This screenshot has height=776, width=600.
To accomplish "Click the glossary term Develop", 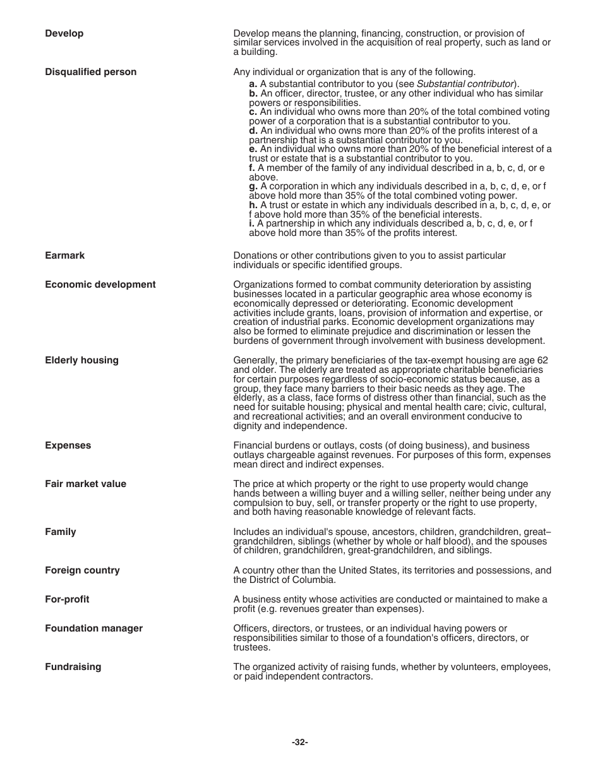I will pos(64,33).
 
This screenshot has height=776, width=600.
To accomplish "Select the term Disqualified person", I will pos(90,72).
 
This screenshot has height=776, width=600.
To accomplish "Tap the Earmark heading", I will pos(64,256).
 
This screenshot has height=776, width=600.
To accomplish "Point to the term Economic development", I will pos(100,285).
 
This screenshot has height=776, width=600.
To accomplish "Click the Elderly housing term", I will pos(81,360).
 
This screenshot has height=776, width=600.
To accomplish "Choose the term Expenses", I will pos(68,445).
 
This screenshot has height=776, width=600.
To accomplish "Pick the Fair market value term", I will pos(85,484).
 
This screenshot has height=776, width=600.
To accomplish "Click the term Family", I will pos(60,532).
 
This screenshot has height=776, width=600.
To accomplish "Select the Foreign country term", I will pos(82,570).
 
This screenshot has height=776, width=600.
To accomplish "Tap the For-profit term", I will pos(67,599).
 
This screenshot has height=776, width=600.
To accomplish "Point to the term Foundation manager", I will pos(93,628).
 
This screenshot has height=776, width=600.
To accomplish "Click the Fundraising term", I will pos(73,667).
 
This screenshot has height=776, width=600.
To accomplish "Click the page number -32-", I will pos(300,743).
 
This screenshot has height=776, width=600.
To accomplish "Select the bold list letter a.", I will pos(253,84).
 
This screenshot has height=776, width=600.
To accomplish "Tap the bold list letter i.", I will pos(251,223).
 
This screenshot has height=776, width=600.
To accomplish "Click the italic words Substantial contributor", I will pos(464,84).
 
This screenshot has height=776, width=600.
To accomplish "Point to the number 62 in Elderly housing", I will pos(543,360).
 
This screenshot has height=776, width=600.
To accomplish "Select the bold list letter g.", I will pos(253,186).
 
